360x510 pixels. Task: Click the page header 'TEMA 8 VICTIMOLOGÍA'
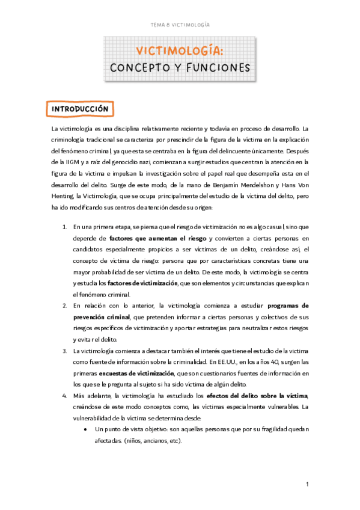click(180, 25)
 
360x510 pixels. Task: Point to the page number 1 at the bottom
click(307, 484)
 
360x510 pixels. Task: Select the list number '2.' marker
click(64, 306)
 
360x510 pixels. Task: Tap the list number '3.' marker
click(64, 351)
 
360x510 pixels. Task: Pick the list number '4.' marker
click(64, 395)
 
